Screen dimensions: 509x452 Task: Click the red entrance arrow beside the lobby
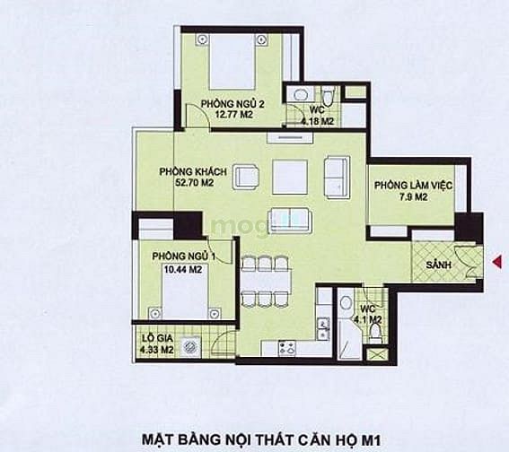(497, 262)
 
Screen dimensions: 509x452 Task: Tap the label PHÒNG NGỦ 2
(233, 104)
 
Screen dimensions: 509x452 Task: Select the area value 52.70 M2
(195, 183)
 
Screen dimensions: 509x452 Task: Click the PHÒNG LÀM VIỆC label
(413, 186)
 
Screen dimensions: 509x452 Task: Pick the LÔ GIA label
(157, 338)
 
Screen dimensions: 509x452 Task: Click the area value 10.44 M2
(183, 269)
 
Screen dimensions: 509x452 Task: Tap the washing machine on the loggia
(189, 347)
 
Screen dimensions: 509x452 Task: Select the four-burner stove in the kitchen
(287, 348)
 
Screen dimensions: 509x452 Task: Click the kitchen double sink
(323, 328)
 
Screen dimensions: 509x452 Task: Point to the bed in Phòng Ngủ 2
(232, 62)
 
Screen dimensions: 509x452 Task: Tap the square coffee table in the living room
(290, 177)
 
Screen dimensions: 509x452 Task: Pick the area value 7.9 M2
(413, 196)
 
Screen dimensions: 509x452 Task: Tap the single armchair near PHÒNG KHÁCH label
(246, 177)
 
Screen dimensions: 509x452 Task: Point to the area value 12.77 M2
(233, 115)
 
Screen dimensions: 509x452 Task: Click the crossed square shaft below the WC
(377, 354)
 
